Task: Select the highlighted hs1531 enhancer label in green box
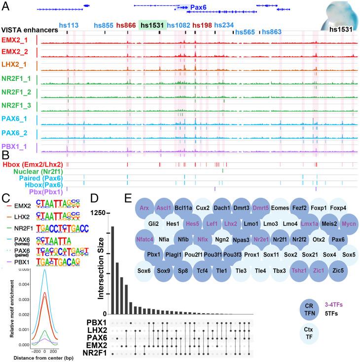click(x=152, y=25)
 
